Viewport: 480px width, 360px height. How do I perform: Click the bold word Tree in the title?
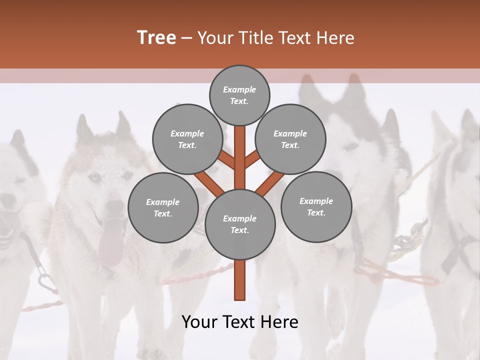tap(156, 38)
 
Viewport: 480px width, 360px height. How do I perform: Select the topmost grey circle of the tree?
tap(239, 95)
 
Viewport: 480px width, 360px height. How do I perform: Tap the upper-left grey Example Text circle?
tap(187, 139)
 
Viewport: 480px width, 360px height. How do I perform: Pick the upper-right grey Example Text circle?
tap(290, 139)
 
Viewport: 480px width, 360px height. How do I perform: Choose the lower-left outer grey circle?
tap(163, 207)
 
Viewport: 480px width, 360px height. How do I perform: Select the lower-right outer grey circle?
tap(316, 206)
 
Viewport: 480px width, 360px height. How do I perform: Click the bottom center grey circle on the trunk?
tap(240, 224)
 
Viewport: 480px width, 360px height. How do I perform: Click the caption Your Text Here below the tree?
tap(240, 322)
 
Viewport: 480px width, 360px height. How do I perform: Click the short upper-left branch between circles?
tap(227, 160)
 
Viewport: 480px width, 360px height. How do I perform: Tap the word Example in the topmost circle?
tap(239, 89)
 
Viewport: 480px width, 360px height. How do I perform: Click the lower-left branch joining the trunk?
tap(210, 184)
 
